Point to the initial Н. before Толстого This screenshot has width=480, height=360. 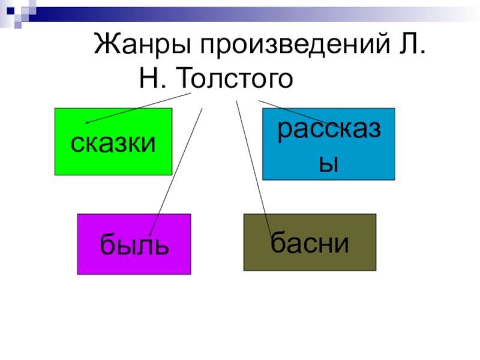click(153, 79)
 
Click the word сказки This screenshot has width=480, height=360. click(113, 143)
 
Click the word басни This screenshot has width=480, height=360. click(310, 242)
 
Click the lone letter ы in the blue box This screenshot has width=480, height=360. click(329, 162)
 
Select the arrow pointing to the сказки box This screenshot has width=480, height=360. click(138, 109)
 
